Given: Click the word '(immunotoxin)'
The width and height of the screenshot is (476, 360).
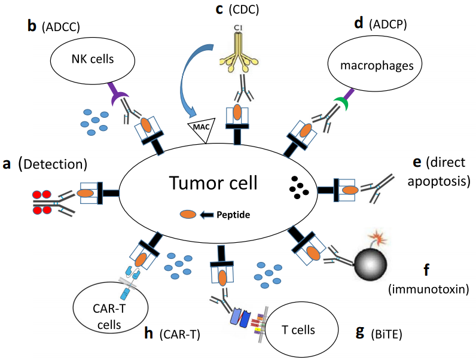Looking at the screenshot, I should tap(428, 289).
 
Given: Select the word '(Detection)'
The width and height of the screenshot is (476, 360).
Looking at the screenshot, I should tap(53, 163).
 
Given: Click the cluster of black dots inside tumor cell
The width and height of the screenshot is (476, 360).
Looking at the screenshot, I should tap(297, 187).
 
